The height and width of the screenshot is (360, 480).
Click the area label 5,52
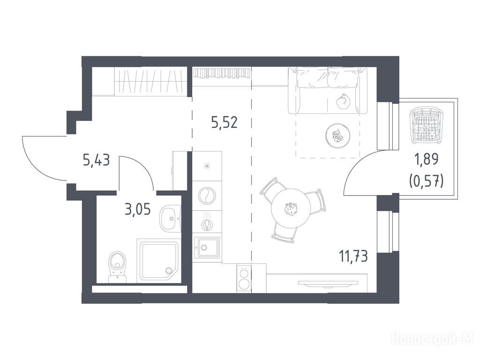click(225, 123)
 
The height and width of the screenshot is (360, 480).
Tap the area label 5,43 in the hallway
click(96, 160)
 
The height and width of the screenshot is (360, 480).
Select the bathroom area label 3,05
click(138, 210)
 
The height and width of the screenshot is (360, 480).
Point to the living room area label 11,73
click(353, 256)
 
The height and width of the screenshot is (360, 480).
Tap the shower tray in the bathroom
click(159, 261)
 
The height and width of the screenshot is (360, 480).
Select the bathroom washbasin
click(171, 218)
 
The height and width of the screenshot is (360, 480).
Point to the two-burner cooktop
click(244, 277)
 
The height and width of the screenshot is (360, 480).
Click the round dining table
click(291, 208)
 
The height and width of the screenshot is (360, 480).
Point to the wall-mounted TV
click(328, 283)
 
